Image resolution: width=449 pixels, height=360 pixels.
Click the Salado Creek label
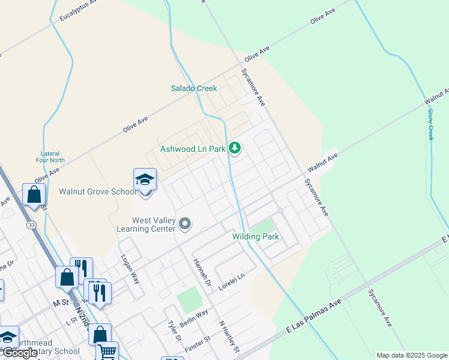click(193, 88)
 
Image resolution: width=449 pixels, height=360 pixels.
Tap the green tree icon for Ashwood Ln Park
click(235, 148)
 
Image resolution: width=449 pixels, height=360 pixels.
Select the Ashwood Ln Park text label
click(193, 148)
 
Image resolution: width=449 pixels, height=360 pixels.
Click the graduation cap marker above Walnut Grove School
click(145, 179)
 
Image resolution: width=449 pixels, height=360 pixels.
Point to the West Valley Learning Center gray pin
click(185, 224)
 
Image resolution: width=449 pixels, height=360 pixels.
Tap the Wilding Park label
click(256, 237)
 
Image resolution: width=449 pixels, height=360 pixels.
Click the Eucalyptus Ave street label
click(79, 11)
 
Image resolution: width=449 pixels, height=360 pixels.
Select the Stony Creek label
click(430, 121)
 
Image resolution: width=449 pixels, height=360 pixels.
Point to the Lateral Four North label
click(49, 157)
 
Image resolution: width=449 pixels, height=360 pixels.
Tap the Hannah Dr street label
click(202, 272)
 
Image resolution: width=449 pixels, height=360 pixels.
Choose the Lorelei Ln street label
click(232, 283)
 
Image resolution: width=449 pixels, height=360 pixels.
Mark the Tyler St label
click(174, 330)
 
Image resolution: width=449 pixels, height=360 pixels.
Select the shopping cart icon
click(107, 352)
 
